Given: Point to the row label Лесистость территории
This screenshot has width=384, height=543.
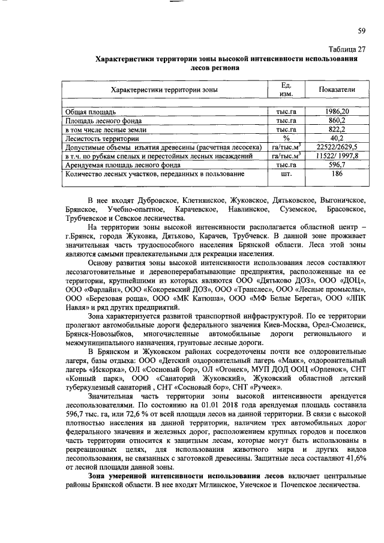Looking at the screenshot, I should pos(97,138).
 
